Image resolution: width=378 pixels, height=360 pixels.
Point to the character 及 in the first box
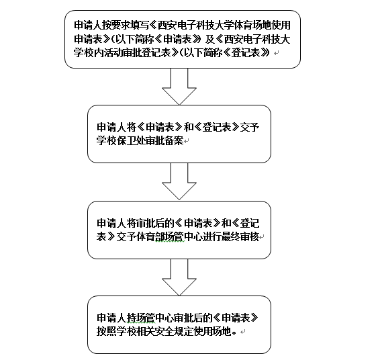tap(210, 39)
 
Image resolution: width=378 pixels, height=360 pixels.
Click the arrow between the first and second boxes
tap(179, 87)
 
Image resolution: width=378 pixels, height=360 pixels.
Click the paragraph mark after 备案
tap(187, 141)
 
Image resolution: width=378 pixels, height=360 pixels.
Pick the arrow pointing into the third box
tap(179, 181)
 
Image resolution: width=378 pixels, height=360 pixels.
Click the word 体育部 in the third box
tap(150, 237)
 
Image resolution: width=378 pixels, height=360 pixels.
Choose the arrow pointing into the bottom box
tap(179, 277)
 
